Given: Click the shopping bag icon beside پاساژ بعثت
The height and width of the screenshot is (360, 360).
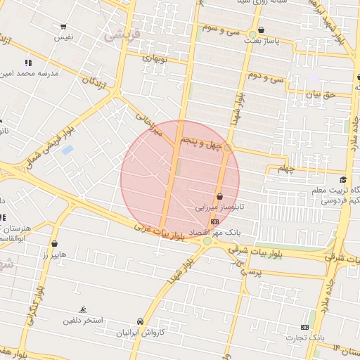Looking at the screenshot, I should (x=262, y=30).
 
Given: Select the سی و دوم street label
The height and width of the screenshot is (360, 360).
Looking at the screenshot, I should (x=265, y=75).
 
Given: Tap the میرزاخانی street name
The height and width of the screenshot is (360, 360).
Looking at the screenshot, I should (x=147, y=122).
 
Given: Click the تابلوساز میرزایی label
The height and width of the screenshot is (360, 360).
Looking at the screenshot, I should (x=219, y=208).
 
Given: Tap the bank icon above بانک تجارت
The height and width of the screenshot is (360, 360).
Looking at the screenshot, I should (x=304, y=327).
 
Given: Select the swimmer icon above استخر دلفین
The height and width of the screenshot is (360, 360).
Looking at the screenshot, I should (x=84, y=310).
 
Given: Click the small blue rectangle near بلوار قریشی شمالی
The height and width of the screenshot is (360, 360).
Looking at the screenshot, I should (x=67, y=150).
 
